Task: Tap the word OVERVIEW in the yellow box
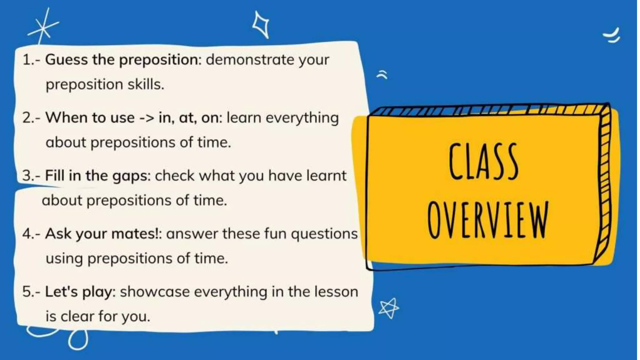(x=488, y=220)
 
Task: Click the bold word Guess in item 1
(x=66, y=59)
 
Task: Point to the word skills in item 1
(x=145, y=84)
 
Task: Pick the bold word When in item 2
(x=66, y=118)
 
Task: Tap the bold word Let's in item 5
(x=61, y=292)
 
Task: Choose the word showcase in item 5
(x=155, y=292)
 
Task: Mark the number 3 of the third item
(x=26, y=176)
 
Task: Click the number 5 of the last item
(x=26, y=292)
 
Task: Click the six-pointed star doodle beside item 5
(x=388, y=308)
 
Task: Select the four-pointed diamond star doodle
(x=261, y=24)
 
